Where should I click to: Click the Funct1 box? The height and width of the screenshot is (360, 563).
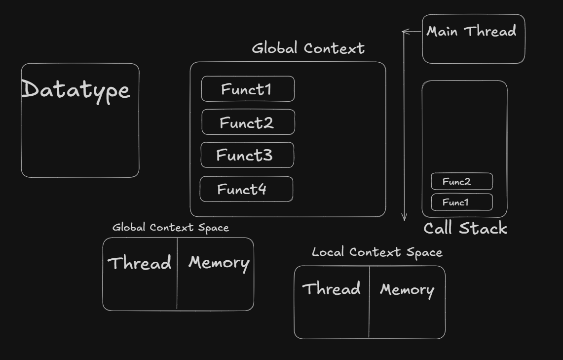point(247,89)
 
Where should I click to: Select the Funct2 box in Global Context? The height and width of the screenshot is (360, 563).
point(248,122)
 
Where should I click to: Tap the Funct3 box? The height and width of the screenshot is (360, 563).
point(247,155)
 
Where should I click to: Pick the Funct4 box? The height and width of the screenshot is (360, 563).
point(246,189)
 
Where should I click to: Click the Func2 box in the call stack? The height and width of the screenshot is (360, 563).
point(461,181)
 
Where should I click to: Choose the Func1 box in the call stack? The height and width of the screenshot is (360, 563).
point(461,202)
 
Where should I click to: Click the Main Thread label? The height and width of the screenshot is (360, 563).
point(471,32)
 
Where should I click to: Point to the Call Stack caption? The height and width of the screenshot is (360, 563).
point(465,228)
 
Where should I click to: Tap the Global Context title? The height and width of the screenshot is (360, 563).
point(308,48)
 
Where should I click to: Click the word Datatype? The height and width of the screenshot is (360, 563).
point(76,90)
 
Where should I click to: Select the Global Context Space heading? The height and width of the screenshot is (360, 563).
point(170,227)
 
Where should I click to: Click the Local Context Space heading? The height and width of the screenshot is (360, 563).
point(377,252)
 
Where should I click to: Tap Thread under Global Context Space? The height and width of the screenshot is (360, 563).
point(140,263)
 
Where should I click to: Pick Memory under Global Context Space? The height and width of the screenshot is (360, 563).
point(219,263)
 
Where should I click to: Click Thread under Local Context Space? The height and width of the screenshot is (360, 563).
point(331,289)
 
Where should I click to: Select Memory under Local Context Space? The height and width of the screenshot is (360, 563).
point(407,290)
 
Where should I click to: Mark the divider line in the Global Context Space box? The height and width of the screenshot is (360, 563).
point(177,286)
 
